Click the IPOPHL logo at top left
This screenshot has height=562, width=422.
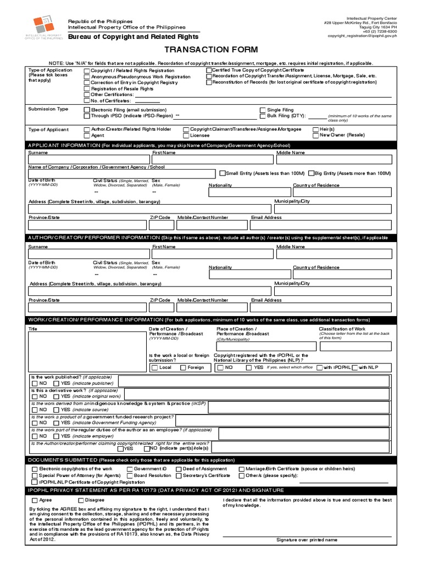tap(44, 26)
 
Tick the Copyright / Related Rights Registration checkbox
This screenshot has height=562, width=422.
tap(87, 71)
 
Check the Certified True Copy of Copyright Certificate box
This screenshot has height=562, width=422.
tap(209, 71)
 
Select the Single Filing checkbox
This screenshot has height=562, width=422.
tap(263, 110)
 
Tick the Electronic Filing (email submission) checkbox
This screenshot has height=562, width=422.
tap(87, 110)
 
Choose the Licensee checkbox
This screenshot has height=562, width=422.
tap(186, 136)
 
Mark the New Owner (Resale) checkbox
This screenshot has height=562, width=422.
tap(315, 136)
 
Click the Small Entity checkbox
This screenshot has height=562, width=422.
tap(222, 173)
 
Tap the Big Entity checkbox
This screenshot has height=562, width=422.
tap(312, 173)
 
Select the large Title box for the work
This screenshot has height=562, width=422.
tap(87, 352)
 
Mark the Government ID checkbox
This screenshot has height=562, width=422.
tap(130, 469)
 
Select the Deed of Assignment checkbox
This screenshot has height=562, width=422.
tap(179, 469)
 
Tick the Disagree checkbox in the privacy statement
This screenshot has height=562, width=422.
tap(81, 501)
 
